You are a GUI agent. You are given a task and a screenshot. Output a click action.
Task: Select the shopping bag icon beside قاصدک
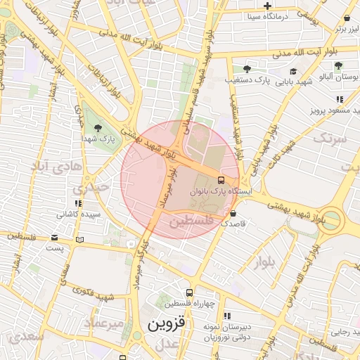pyautogui.click(x=233, y=213)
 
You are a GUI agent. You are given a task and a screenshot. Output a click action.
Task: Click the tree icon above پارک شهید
pyautogui.click(x=98, y=128)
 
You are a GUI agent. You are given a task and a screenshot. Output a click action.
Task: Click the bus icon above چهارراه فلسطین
pyautogui.click(x=188, y=292)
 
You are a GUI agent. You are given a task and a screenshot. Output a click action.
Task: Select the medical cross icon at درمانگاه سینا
pyautogui.click(x=267, y=6)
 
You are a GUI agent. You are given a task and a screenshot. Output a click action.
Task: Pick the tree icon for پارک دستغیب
pyautogui.click(x=247, y=69)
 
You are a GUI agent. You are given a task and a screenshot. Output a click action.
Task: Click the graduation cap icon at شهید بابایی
pyautogui.click(x=292, y=70)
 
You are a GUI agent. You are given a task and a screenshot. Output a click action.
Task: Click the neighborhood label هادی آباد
pyautogui.click(x=49, y=165)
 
